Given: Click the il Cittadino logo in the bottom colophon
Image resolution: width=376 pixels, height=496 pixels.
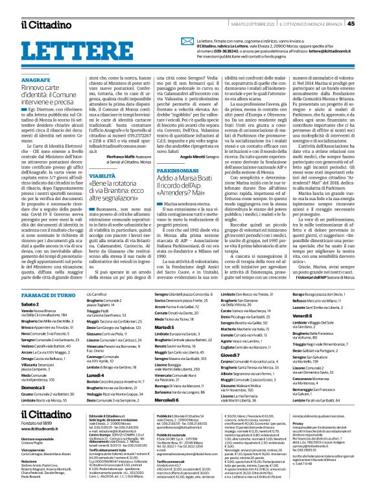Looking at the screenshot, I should [x=43, y=414].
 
